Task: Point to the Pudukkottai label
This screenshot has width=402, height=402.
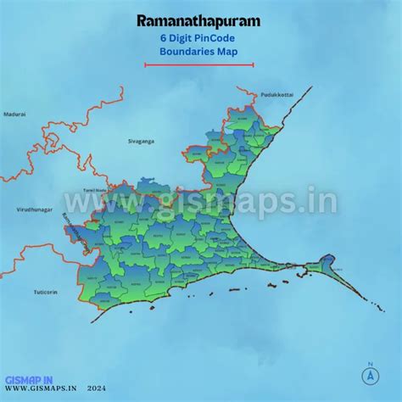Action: (276, 94)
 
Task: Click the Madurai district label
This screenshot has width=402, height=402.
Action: (14, 113)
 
